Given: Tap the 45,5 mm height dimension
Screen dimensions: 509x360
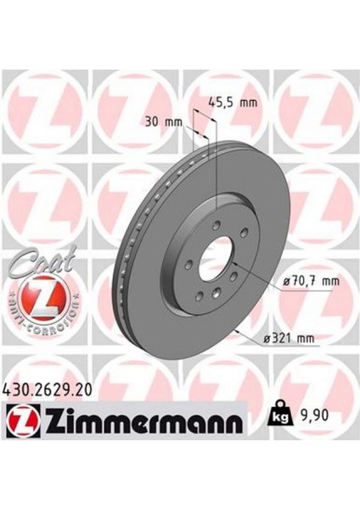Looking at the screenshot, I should [x=233, y=103].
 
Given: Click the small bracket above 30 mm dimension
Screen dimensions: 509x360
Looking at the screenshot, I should [x=198, y=118].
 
